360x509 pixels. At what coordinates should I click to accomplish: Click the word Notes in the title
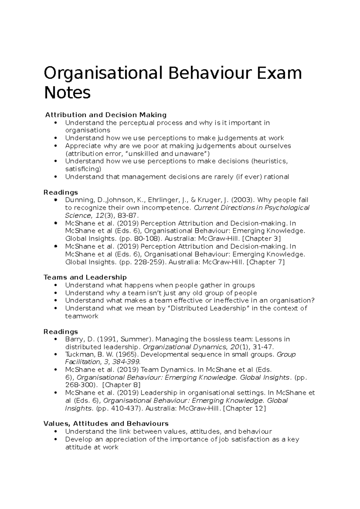tap(67, 93)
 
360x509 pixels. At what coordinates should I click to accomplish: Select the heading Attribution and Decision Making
tap(106, 115)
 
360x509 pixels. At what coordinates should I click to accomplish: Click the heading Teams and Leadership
tap(85, 277)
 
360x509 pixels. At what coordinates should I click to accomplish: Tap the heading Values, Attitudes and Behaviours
tap(106, 424)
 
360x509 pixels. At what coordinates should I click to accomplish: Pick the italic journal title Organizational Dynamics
tap(184, 347)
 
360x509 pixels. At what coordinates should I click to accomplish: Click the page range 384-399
tap(125, 362)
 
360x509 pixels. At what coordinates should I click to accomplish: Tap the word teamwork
tap(82, 316)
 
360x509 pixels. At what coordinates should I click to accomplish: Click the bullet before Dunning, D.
tap(56, 200)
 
